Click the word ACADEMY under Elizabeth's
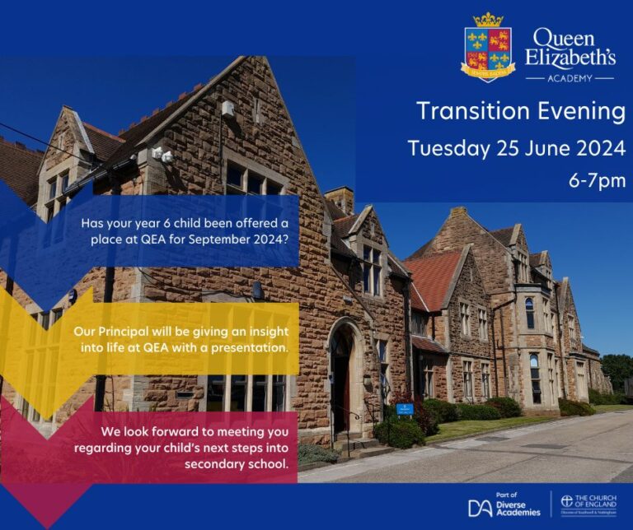569,78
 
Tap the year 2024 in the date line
596,149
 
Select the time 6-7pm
598,180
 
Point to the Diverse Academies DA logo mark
481,508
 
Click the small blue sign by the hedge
405,408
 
